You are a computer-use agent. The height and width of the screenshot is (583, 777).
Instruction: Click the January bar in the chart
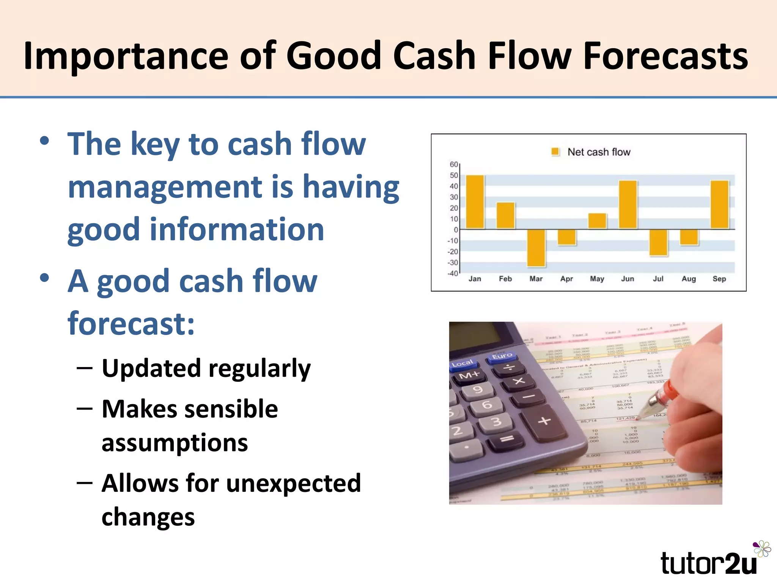click(475, 202)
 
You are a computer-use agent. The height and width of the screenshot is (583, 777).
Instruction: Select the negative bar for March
click(536, 247)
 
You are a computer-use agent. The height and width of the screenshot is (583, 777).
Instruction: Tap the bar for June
click(628, 205)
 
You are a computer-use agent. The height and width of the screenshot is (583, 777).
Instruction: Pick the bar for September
click(719, 205)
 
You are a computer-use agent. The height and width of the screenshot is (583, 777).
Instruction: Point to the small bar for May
click(597, 221)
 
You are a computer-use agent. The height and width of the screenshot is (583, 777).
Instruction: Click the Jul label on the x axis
click(658, 279)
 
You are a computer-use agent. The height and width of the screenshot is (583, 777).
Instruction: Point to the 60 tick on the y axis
click(454, 164)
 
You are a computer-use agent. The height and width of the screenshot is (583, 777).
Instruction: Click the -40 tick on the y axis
click(453, 273)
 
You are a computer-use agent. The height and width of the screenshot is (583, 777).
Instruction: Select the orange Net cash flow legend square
click(555, 152)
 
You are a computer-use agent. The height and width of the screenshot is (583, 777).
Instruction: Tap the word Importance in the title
click(125, 56)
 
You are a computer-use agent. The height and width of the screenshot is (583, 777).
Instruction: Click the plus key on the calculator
click(544, 421)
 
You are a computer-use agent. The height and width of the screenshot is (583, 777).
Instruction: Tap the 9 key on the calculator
click(478, 389)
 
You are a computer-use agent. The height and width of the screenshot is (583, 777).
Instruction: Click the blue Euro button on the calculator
click(502, 356)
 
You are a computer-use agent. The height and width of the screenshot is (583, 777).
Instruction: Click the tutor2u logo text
click(708, 563)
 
